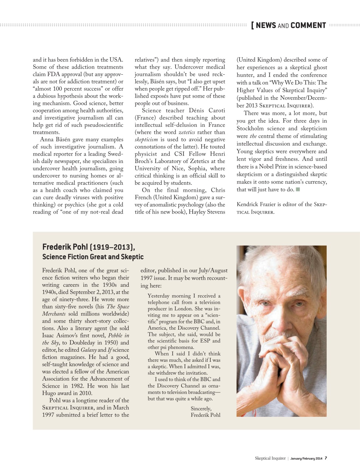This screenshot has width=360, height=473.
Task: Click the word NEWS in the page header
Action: coord(266,25)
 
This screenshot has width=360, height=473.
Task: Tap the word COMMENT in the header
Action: coord(308,25)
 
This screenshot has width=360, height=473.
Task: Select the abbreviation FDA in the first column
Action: coord(53,74)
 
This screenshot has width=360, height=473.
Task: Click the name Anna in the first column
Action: coord(47,140)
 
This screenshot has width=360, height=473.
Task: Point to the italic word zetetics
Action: coord(187,132)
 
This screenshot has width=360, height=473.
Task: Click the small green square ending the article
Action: coord(298,190)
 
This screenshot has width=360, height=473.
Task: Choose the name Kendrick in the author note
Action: coord(249,204)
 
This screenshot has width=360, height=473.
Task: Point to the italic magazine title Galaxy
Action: coord(88,350)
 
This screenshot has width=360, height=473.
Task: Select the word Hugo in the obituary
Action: coord(49,393)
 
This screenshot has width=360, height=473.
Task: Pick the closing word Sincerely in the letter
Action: coord(201,409)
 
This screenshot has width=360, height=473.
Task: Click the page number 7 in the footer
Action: coord(326,458)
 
